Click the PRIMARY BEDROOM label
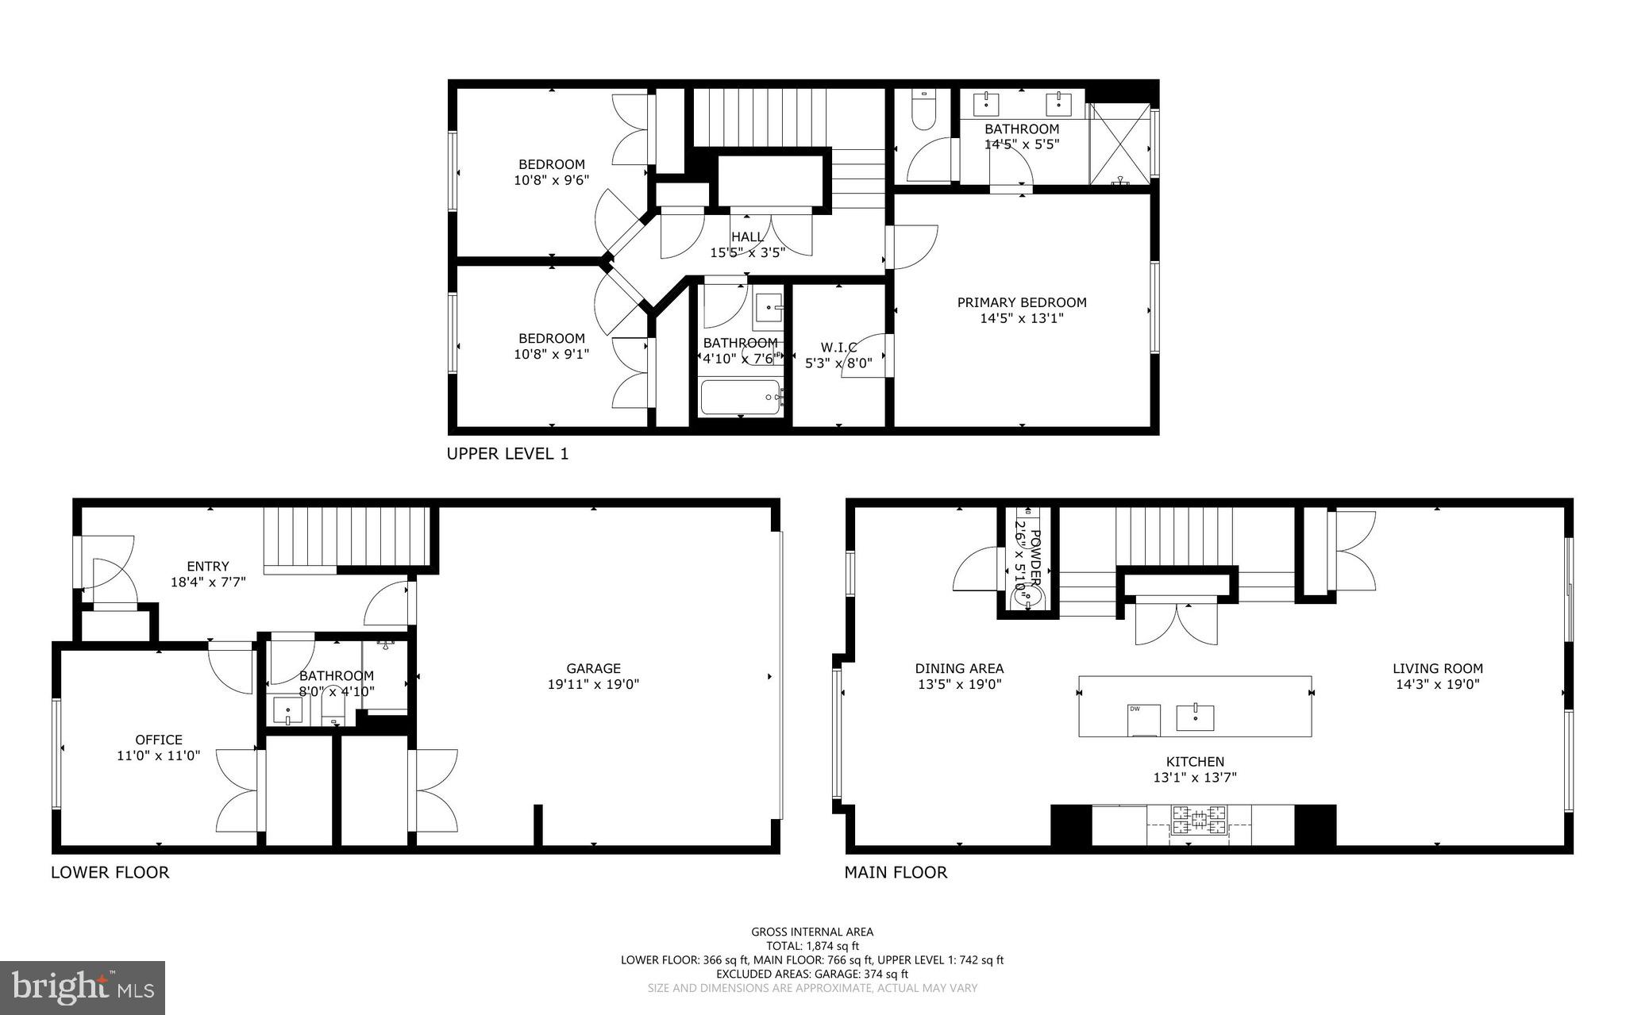[1021, 302]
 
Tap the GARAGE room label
[593, 668]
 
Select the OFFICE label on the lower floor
[159, 740]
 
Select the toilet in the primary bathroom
[923, 112]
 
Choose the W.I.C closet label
[838, 348]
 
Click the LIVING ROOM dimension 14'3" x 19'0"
[1437, 684]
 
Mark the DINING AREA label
[959, 668]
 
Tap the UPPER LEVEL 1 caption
[507, 454]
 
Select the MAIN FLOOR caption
[895, 872]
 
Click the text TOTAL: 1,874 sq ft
[812, 946]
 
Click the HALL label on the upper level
[747, 236]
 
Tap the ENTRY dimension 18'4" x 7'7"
[208, 582]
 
